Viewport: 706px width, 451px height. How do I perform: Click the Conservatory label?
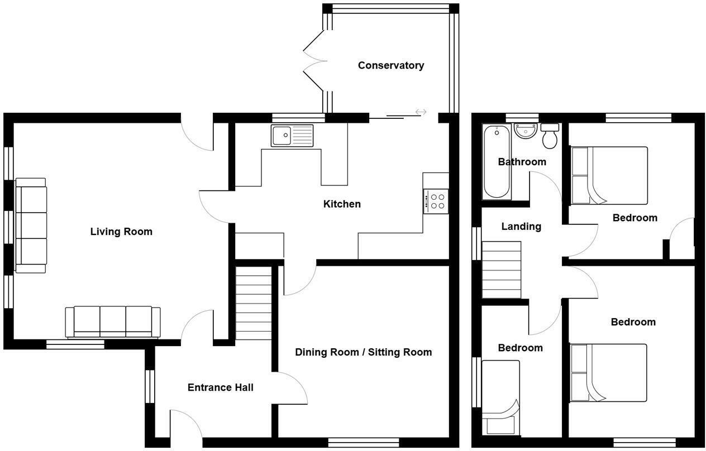390,65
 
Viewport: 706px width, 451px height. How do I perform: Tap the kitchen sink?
293,136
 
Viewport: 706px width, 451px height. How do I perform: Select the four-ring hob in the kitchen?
436,201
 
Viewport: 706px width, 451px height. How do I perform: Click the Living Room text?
121,232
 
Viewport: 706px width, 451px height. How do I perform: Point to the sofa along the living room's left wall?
31,226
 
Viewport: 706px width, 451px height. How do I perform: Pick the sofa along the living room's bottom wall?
113,322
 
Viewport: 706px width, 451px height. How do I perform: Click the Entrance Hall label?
220,387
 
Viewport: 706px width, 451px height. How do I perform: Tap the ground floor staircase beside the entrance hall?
254,303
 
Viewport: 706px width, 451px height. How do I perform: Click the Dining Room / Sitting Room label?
363,352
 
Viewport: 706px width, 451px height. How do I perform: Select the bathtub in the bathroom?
496,162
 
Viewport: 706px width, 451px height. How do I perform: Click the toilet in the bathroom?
550,136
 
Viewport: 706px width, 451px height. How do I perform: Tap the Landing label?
521,227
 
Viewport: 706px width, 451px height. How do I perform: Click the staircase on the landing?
501,270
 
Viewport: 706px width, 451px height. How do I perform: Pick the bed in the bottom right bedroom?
608,372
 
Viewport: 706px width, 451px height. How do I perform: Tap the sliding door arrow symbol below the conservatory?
421,112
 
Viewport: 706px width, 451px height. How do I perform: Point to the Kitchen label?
342,204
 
